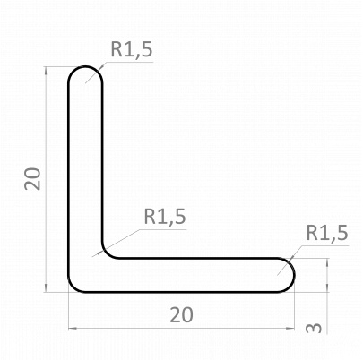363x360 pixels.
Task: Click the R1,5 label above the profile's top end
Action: [x=132, y=50]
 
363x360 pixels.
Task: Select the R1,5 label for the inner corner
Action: [x=165, y=216]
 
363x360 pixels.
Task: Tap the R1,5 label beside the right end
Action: [x=326, y=234]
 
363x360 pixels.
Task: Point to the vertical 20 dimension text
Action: [x=33, y=178]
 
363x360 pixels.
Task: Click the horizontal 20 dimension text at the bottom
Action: [x=181, y=314]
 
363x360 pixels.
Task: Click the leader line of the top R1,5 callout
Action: [x=99, y=71]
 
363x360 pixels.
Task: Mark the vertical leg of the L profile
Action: [x=85, y=161]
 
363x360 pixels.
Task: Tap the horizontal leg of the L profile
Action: [x=197, y=274]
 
